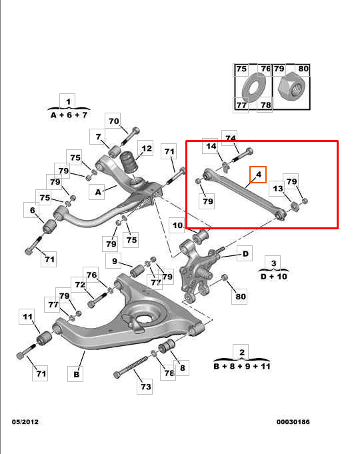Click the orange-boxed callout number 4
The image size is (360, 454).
tap(259, 175)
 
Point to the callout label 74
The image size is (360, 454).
tap(230, 138)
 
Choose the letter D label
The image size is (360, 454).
tap(245, 253)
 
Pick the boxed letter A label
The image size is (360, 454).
tap(97, 192)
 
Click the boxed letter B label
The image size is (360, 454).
tap(75, 374)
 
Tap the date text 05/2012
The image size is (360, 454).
tap(25, 421)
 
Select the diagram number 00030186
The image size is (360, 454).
tap(293, 421)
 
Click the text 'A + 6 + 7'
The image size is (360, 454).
tap(69, 115)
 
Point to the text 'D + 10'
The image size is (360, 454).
tap(274, 277)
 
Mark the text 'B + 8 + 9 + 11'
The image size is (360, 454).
tap(242, 366)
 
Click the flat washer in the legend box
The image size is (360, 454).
tap(254, 87)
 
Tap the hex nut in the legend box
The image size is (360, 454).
tap(291, 87)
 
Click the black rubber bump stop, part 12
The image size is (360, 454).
tap(128, 163)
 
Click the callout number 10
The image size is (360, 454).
tap(177, 225)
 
